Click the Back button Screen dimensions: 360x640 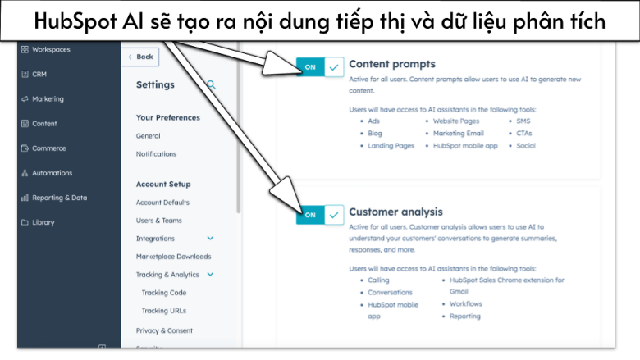tap(140, 57)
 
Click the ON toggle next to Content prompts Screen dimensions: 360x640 tap(320, 68)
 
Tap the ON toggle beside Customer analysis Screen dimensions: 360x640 tap(320, 215)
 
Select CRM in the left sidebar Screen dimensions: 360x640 tap(39, 75)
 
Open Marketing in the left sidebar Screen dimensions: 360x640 tap(47, 99)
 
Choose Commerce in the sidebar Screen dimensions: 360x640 tap(48, 148)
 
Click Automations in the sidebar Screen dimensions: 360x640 tap(51, 173)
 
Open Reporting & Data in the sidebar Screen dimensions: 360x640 tap(58, 198)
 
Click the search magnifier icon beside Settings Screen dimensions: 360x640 tap(211, 84)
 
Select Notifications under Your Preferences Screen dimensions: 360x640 tap(156, 154)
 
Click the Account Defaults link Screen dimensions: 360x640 tap(162, 203)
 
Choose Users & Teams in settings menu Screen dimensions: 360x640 tap(159, 221)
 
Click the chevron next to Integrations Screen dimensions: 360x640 tap(210, 239)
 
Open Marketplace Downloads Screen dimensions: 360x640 tap(173, 257)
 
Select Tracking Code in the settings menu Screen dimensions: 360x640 tap(163, 293)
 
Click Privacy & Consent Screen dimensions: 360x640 tap(164, 330)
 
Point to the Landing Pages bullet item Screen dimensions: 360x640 tap(391, 146)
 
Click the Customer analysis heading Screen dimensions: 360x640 tap(395, 212)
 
